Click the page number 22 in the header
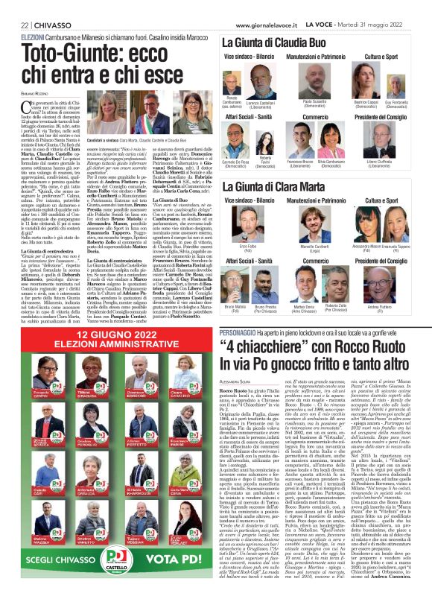pyautogui.click(x=15, y=5)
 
